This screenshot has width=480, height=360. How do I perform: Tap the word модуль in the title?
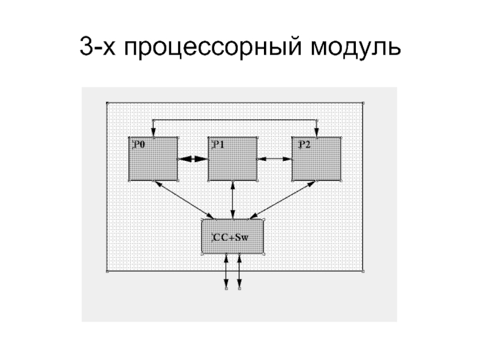(355, 47)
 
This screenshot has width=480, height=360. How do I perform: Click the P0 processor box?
(153, 162)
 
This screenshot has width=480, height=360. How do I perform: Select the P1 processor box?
(233, 162)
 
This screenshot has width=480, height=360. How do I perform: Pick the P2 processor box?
(317, 162)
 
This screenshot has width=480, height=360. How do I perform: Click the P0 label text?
(139, 145)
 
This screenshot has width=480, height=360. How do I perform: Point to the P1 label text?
(218, 145)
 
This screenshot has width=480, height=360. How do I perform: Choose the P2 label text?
(303, 145)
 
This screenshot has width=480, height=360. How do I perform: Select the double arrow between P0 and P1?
(193, 159)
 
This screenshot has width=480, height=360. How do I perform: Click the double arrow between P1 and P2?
(275, 159)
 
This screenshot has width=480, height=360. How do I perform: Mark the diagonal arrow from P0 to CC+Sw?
(184, 199)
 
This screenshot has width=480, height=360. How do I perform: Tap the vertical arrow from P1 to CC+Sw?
(233, 199)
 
